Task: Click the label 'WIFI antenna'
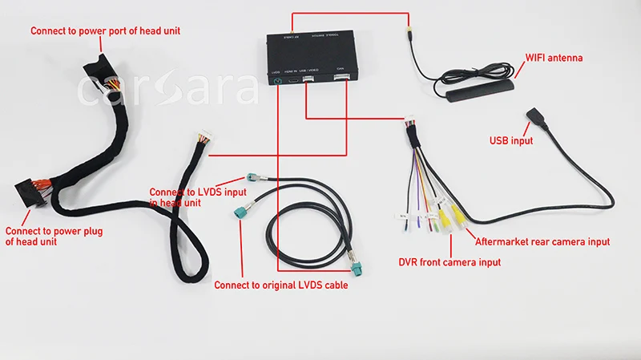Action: (554, 59)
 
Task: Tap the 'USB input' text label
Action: (511, 141)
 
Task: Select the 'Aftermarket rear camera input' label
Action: (542, 241)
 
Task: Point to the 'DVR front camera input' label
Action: (450, 262)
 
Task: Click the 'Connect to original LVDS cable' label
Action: (280, 285)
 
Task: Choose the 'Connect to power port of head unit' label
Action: (105, 31)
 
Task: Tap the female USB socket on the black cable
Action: (534, 117)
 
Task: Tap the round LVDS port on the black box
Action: (277, 80)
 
